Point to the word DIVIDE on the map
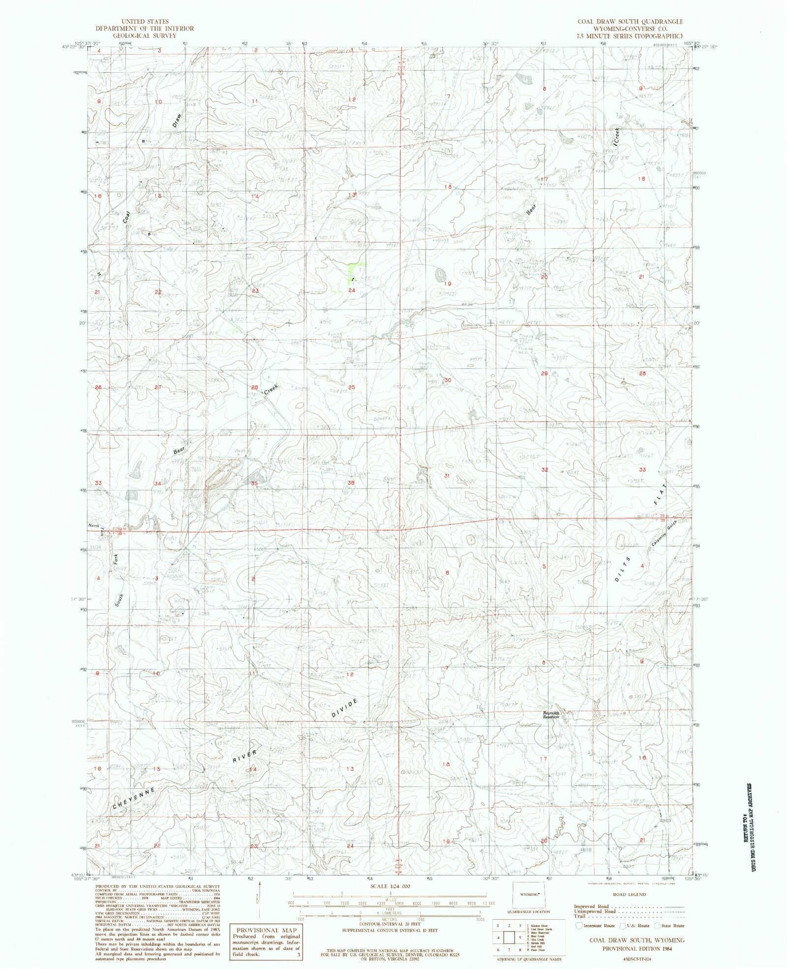click(x=344, y=708)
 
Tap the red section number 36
click(x=351, y=483)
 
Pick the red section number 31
click(x=447, y=476)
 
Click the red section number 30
click(x=448, y=380)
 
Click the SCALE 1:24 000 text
click(x=390, y=886)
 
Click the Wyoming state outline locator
click(x=530, y=894)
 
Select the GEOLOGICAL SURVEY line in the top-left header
click(x=145, y=35)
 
